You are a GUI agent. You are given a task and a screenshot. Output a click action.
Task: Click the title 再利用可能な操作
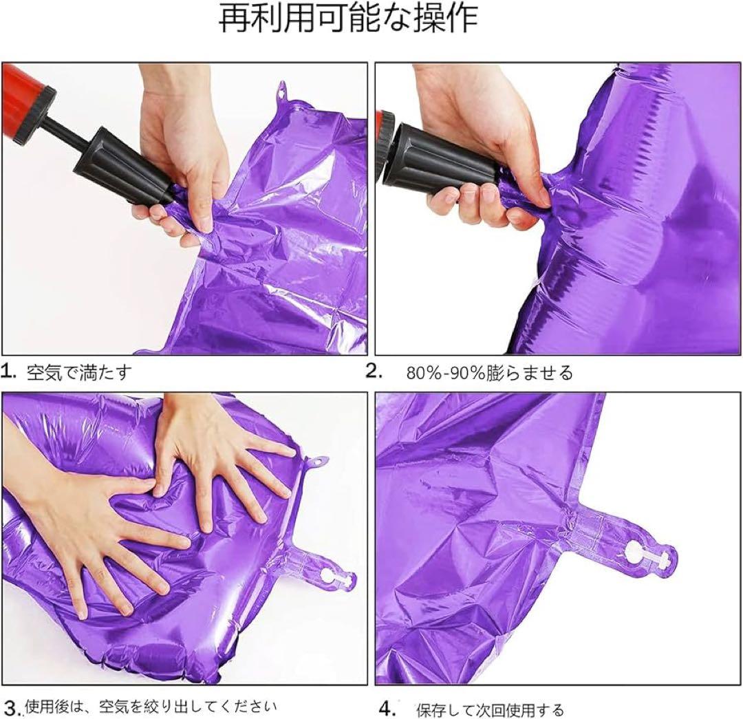click(348, 19)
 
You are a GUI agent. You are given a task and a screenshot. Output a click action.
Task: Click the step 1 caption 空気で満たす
click(78, 373)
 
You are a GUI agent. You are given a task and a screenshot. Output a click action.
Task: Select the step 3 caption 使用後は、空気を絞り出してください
click(151, 707)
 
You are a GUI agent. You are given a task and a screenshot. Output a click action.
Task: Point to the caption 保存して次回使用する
click(490, 710)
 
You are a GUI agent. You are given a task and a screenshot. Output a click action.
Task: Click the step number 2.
click(374, 372)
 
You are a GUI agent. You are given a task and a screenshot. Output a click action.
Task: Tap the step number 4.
click(387, 709)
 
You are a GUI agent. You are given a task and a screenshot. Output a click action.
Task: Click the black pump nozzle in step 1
click(123, 166)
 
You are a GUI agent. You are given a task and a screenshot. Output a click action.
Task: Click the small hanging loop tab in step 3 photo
click(317, 462)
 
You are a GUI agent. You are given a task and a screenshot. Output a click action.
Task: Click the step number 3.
click(12, 709)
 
